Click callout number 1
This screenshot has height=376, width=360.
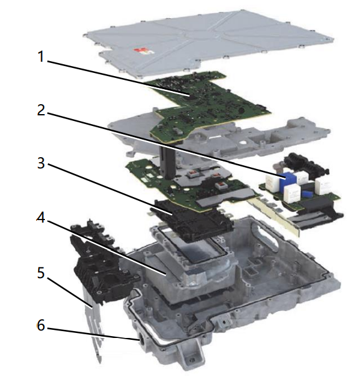[x=41, y=57]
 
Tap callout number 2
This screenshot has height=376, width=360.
[x=41, y=110]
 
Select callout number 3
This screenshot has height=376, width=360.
[x=41, y=163]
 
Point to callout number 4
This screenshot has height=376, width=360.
[x=41, y=218]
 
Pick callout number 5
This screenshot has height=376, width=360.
[x=41, y=273]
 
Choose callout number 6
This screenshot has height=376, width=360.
[x=41, y=325]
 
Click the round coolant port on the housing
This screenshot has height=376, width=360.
[x=142, y=339]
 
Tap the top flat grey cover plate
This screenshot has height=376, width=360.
[x=209, y=43]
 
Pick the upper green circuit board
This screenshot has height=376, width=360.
[x=207, y=105]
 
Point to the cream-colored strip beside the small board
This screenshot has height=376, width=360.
[x=274, y=213]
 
